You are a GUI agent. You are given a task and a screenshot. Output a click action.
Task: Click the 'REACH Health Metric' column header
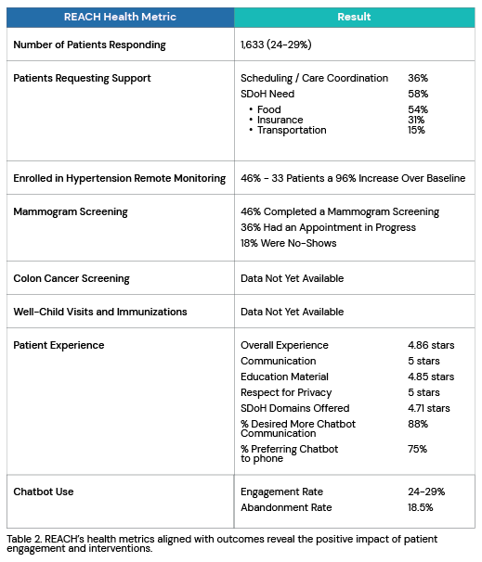pyautogui.click(x=120, y=17)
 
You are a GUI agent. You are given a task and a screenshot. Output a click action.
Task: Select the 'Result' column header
pyautogui.click(x=354, y=17)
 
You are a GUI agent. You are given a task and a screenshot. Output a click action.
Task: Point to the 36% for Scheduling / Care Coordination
pyautogui.click(x=418, y=78)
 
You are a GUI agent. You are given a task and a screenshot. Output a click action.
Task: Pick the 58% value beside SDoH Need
pyautogui.click(x=418, y=94)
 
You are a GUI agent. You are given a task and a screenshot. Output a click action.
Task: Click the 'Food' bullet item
pyautogui.click(x=268, y=109)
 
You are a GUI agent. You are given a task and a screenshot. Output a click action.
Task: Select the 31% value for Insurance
pyautogui.click(x=415, y=120)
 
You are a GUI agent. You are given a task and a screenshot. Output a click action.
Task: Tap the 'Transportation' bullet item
pyautogui.click(x=291, y=130)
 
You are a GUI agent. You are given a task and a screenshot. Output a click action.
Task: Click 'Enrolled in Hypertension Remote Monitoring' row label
pyautogui.click(x=119, y=178)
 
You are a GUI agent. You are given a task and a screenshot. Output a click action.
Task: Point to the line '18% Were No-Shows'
pyautogui.click(x=288, y=243)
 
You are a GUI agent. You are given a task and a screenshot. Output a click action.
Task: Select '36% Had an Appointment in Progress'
pyautogui.click(x=328, y=227)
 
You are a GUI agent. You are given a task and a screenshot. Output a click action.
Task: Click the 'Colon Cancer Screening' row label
pyautogui.click(x=72, y=278)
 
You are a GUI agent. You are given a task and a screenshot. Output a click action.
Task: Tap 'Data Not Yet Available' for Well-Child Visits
pyautogui.click(x=292, y=312)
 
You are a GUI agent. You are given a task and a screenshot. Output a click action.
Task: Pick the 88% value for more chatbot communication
pyautogui.click(x=418, y=424)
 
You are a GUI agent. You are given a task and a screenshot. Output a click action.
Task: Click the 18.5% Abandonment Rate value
pyautogui.click(x=421, y=507)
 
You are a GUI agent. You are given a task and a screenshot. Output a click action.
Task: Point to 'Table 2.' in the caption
pyautogui.click(x=26, y=539)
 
